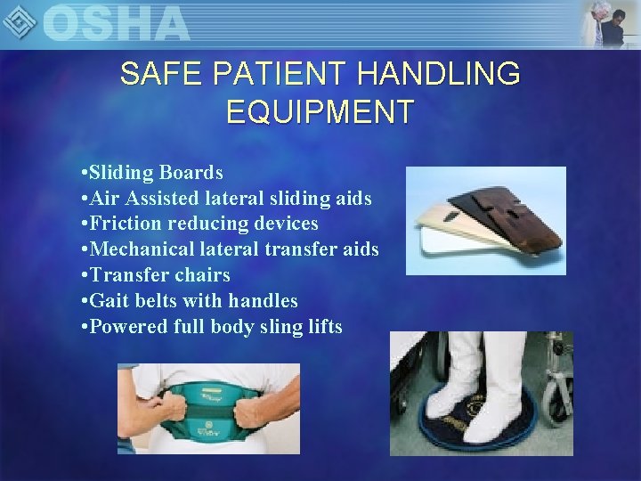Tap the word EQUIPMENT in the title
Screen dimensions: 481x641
coord(320,112)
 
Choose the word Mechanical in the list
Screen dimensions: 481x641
coord(143,249)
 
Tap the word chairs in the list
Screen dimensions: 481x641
coord(200,274)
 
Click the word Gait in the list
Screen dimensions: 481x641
coord(110,300)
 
